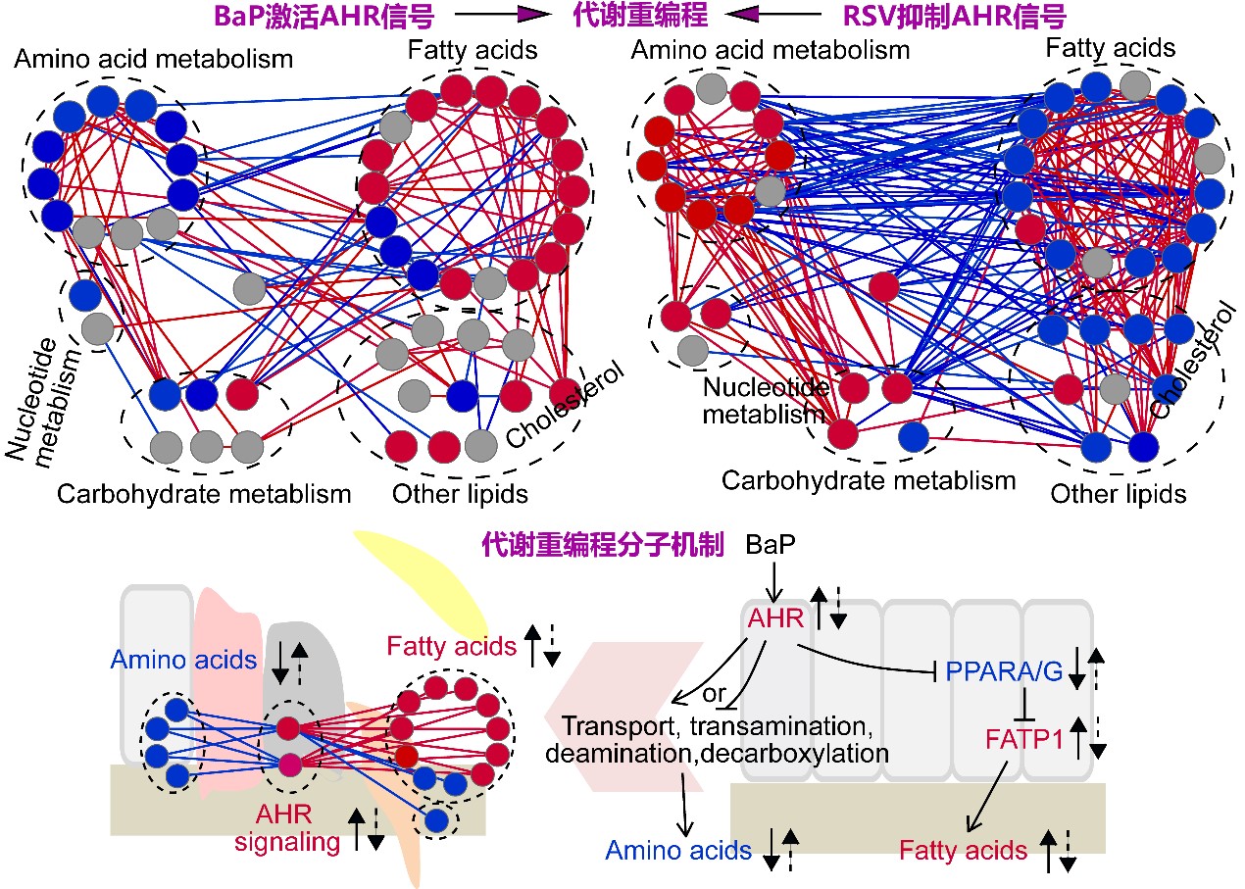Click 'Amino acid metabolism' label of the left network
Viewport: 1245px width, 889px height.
[x=153, y=58]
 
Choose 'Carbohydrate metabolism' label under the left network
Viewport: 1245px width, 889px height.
[x=204, y=493]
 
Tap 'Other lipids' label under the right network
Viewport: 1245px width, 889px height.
[x=1119, y=493]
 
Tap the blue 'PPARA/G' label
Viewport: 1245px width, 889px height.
[x=1002, y=672]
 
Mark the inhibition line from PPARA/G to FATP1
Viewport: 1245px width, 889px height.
[x=1024, y=705]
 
